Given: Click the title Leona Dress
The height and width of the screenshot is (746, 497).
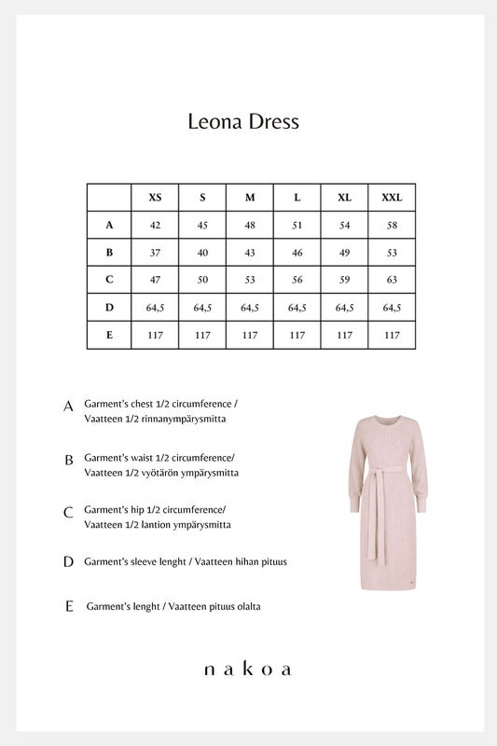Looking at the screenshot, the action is tap(243, 121).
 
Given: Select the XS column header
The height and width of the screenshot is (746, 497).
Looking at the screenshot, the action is tap(155, 198).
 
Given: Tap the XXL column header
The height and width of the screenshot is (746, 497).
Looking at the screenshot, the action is tap(392, 198).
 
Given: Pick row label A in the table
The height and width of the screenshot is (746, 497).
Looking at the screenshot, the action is tap(109, 225).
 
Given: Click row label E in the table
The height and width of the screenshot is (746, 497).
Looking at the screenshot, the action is tap(109, 335).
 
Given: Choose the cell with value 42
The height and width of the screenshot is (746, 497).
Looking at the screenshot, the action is tap(155, 225).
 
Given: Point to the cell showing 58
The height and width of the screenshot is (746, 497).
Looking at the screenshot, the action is tap(392, 225).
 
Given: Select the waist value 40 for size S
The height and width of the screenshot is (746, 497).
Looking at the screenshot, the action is tap(202, 253).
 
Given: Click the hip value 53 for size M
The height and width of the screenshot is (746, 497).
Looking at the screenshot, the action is tap(250, 280).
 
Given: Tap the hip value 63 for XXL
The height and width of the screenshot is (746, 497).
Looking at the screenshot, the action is tap(392, 280).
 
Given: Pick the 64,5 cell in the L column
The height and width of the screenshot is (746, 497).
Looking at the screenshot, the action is tap(297, 308).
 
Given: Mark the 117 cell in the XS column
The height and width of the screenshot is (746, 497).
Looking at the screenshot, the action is tap(155, 335).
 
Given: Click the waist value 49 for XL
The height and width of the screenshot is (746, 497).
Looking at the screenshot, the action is tap(344, 253).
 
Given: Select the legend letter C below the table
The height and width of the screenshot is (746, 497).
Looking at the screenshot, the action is tap(68, 513).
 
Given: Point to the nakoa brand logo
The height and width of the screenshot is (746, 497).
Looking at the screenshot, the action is tap(248, 669).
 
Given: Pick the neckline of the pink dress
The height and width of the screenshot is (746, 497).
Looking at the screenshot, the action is tap(382, 415).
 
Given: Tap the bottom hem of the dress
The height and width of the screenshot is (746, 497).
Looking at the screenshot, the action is tap(384, 588).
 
